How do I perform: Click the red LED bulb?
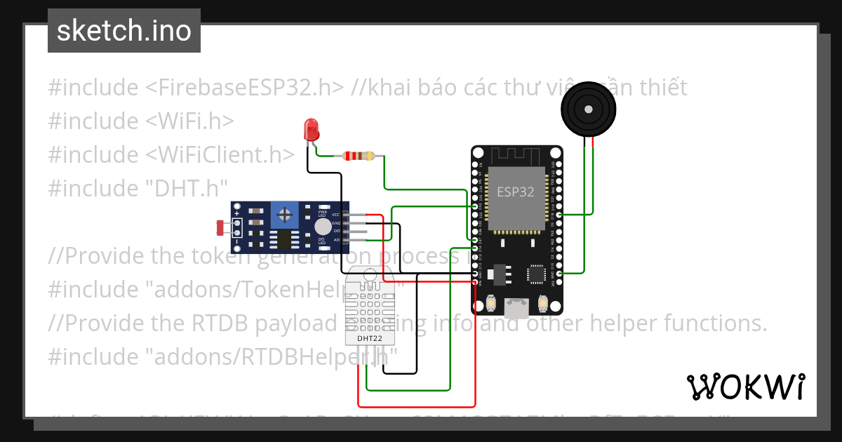tap(310, 129)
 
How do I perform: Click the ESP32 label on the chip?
tap(516, 192)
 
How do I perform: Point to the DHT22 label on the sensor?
tap(369, 339)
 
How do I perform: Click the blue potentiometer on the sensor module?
tap(284, 214)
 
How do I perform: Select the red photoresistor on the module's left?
tap(222, 227)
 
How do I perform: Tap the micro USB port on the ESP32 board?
tap(517, 306)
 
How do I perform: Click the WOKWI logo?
tap(745, 387)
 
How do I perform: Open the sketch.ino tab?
tap(124, 31)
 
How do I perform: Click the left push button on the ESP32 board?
tap(491, 304)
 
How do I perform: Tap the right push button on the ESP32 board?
tap(542, 304)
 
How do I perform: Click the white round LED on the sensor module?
tap(322, 227)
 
